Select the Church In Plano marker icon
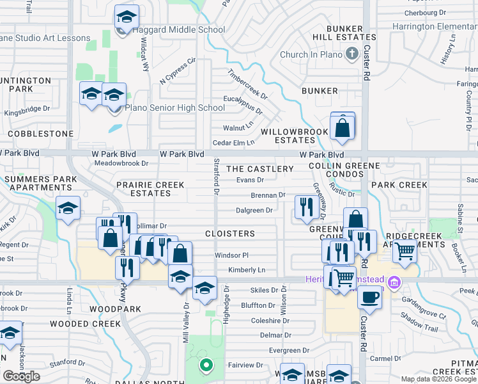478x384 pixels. pos(351,55)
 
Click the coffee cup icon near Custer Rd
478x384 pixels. pos(369,296)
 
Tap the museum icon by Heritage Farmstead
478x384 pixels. pos(394,282)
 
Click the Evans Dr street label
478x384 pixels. pos(251,180)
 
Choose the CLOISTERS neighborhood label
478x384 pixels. pos(230,234)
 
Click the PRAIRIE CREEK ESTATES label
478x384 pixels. pos(150,189)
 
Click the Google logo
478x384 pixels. pos(21,376)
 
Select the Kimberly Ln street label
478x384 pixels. pos(247,271)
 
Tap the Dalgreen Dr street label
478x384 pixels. pos(254,210)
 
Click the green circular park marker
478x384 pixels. pos(206,366)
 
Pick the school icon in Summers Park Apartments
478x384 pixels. pos(68,209)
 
